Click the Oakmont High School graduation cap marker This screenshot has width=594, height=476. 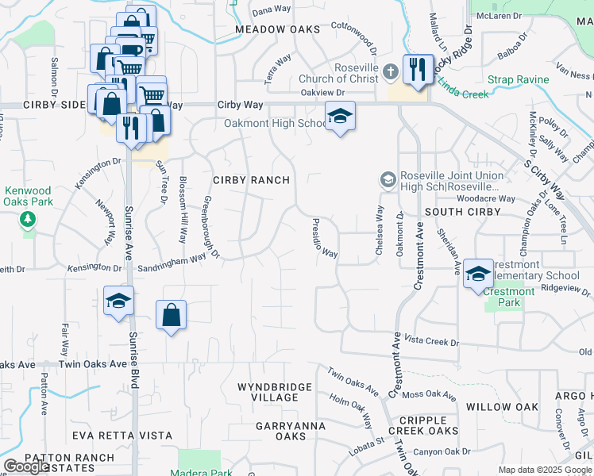[340, 117]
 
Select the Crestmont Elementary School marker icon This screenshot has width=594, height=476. [478, 274]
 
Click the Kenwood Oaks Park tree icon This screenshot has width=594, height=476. [29, 218]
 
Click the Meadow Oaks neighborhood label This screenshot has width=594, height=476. [278, 29]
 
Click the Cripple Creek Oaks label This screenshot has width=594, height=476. [428, 425]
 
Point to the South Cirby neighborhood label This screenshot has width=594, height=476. [462, 212]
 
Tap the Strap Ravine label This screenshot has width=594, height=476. [518, 80]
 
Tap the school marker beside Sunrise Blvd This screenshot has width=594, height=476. [118, 301]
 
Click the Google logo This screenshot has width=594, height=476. [27, 466]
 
